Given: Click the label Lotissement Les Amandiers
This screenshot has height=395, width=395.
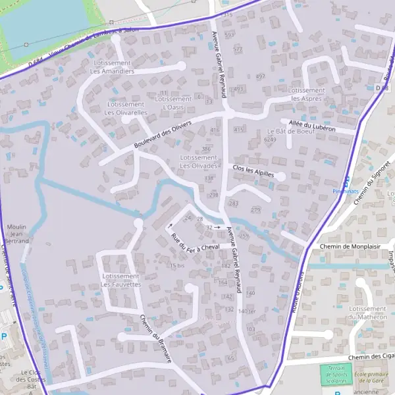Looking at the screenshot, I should click(112, 67).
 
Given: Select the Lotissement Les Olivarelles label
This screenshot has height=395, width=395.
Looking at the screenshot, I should click(126, 109).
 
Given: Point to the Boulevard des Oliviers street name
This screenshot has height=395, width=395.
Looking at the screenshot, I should click(163, 134).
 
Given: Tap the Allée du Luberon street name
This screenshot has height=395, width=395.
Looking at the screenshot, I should click(312, 126).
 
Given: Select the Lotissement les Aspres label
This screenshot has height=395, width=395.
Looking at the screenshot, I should click(307, 94).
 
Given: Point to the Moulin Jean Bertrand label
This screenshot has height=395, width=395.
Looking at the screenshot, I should click(16, 234).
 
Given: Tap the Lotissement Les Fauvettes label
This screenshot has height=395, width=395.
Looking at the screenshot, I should click(121, 280).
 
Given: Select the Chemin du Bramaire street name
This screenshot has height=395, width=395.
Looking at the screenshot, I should click(156, 337).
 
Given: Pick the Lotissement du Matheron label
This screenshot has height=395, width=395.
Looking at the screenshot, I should click(367, 313).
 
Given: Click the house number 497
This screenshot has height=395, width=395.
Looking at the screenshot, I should click(261, 77).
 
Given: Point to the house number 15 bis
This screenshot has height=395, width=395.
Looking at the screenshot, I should click(176, 265).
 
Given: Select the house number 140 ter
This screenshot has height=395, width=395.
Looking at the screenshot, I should click(246, 311).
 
